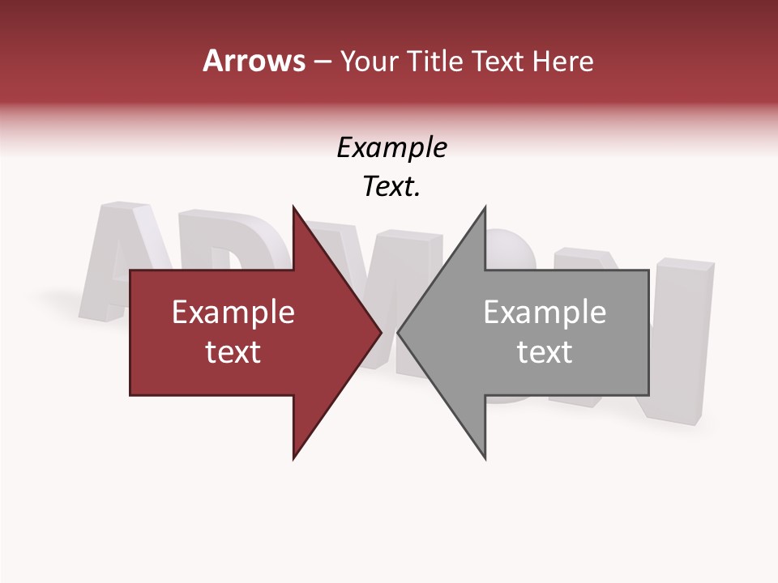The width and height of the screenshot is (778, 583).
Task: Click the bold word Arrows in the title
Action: coord(254,61)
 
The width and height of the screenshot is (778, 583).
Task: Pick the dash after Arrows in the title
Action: coord(323,62)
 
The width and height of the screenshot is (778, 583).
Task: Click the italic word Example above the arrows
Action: coord(391,147)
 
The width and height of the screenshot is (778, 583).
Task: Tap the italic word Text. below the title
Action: coord(391,187)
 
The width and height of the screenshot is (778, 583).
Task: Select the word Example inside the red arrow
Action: coord(233,313)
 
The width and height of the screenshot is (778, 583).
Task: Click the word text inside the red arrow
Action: coord(233,352)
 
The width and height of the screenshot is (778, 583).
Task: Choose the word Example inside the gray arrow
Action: coord(545,313)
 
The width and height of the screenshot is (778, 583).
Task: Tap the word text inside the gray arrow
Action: coord(545,352)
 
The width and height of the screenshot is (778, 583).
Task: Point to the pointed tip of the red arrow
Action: coord(380,333)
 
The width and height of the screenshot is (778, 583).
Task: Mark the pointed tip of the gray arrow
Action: coord(399,333)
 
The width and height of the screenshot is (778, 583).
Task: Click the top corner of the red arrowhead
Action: coord(294,207)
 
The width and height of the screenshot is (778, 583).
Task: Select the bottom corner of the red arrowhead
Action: coord(294,458)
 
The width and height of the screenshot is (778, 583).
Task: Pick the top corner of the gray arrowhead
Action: coord(485,207)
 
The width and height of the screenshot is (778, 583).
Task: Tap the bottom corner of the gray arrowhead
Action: coord(485,458)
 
